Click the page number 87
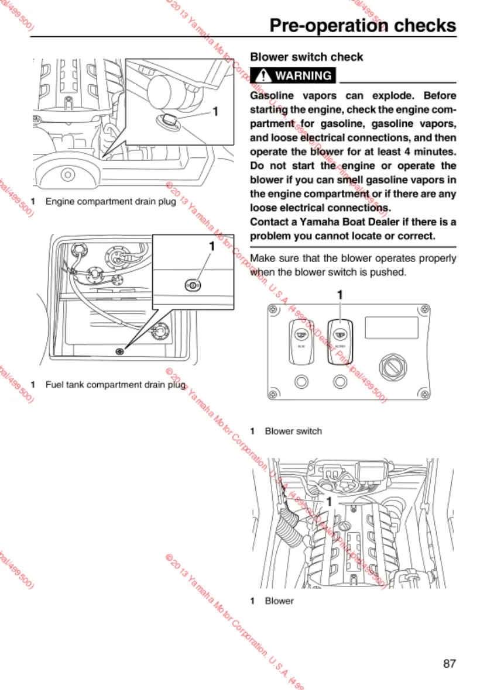click(449, 664)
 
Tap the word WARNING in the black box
click(303, 75)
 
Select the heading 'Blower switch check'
click(306, 57)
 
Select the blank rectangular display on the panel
click(392, 327)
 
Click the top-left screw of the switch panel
click(272, 309)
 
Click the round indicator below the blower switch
click(339, 382)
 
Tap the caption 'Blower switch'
click(293, 431)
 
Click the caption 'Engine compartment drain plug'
click(111, 201)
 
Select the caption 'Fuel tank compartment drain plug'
click(116, 384)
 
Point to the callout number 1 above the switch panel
click(339, 296)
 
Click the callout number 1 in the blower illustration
click(330, 501)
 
